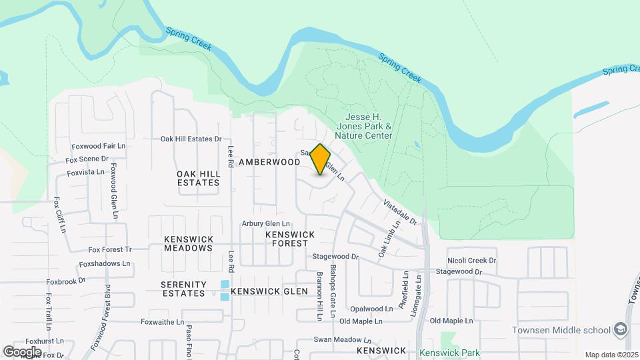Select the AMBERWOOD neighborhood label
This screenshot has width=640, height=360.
coord(269,162)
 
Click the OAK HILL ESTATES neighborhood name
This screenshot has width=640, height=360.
coord(198,178)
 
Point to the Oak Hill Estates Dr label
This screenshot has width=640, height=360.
coord(191,139)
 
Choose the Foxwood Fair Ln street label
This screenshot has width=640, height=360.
coord(99,145)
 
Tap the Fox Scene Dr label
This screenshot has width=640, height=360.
coord(87,159)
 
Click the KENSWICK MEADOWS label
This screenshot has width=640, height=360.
coord(189,243)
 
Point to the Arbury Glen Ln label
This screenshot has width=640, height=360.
coord(266,224)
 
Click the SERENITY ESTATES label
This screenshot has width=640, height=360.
coord(183,289)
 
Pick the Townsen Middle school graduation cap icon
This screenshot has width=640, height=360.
coord(621,329)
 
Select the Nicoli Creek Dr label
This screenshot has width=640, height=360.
coord(472,261)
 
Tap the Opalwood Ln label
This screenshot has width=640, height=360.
coord(372,309)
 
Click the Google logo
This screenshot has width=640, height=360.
coord(21,351)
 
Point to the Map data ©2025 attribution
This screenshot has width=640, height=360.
coord(611,355)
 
